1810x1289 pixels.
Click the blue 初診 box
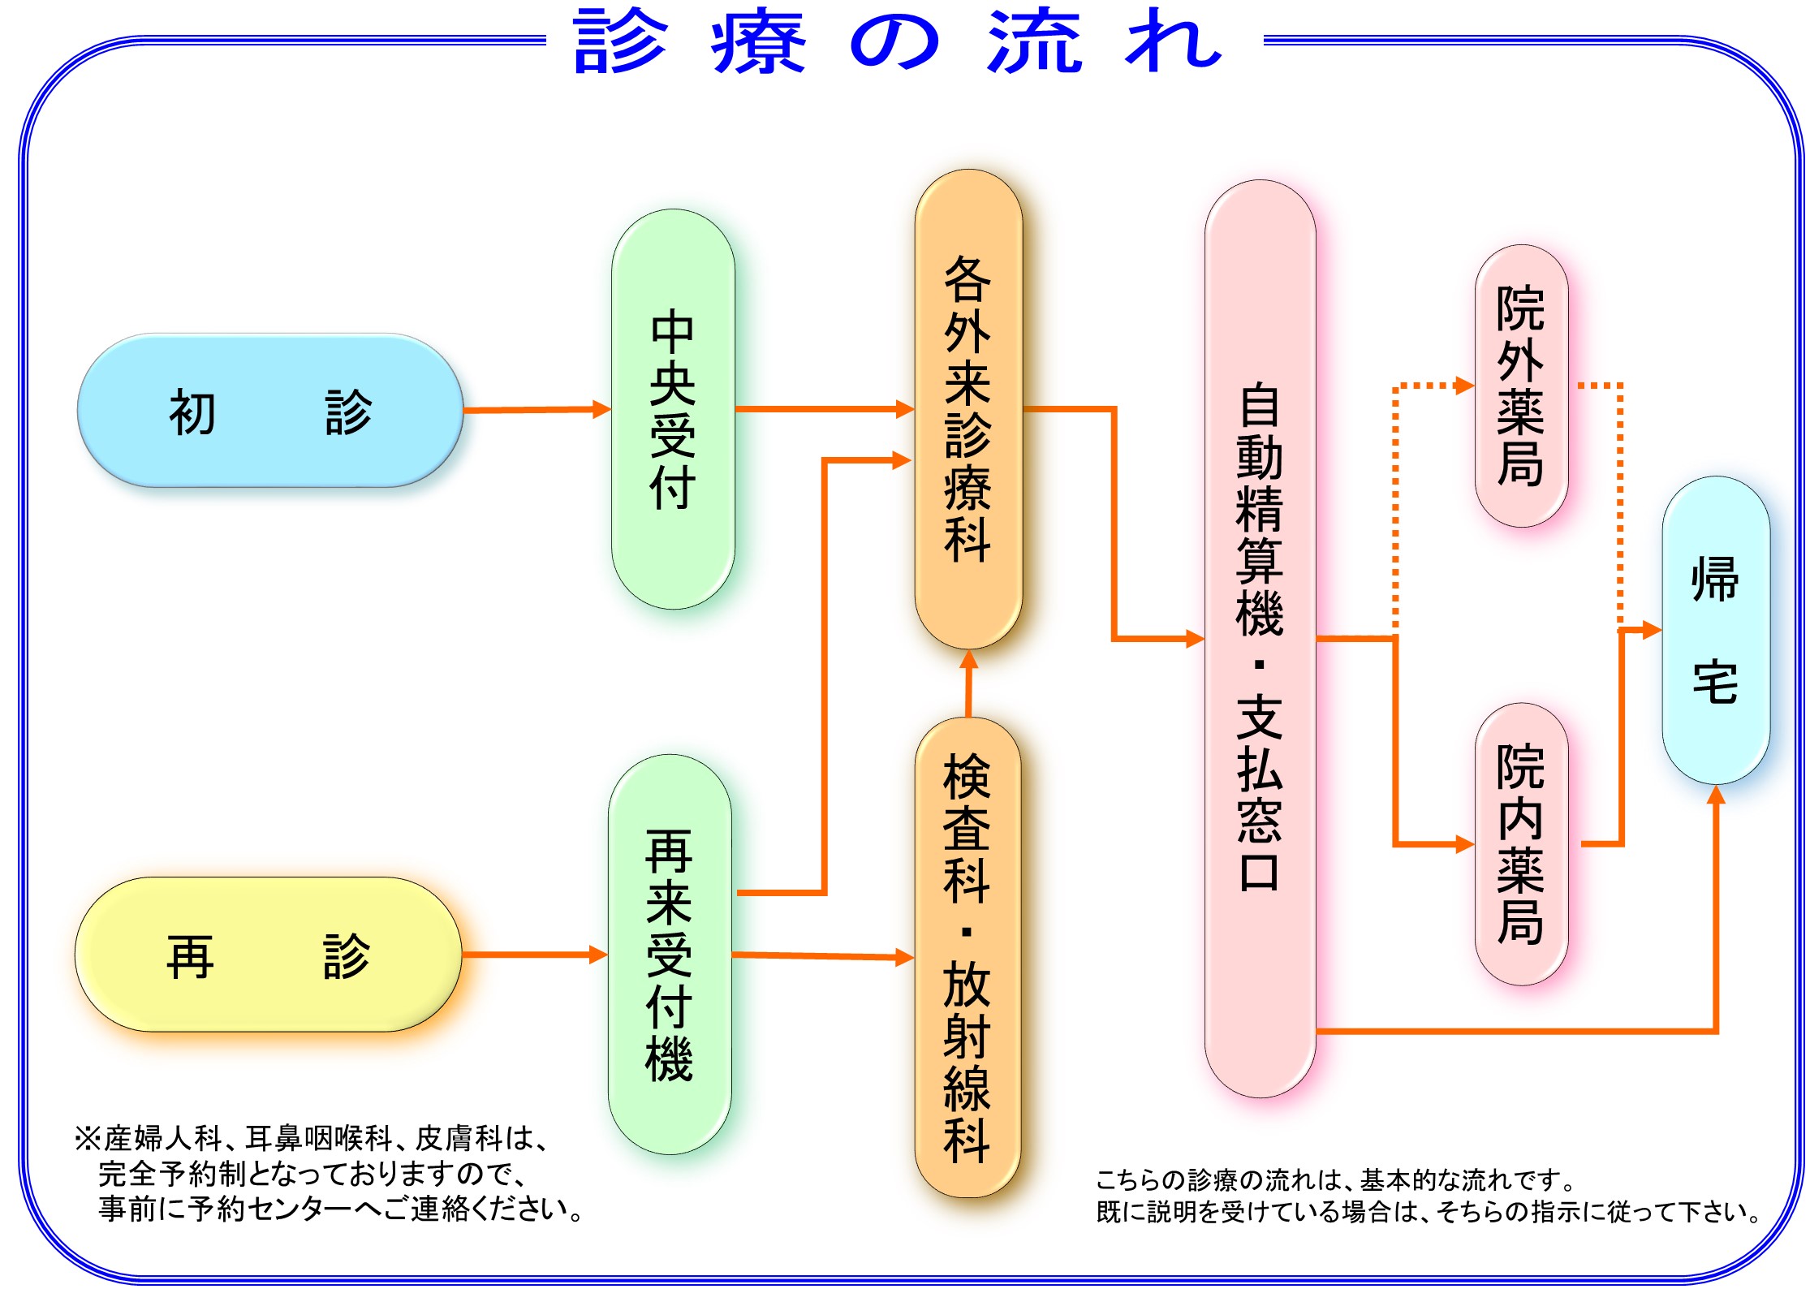point(270,411)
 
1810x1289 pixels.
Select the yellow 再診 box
point(269,955)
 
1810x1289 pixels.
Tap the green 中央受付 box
point(673,409)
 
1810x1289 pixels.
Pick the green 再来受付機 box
point(670,955)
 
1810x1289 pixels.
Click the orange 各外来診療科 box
point(967,409)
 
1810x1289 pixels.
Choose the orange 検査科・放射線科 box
point(967,958)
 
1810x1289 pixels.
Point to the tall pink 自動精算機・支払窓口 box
point(1260,638)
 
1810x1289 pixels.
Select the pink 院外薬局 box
point(1520,386)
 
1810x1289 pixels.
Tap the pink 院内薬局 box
point(1520,844)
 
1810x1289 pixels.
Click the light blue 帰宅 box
point(1715,630)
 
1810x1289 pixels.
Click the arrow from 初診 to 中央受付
point(537,410)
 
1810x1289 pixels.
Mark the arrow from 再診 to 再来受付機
point(535,955)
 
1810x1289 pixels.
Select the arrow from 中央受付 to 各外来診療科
point(824,409)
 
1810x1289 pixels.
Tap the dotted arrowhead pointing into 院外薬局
point(1465,386)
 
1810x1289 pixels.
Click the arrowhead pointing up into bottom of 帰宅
point(1716,795)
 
